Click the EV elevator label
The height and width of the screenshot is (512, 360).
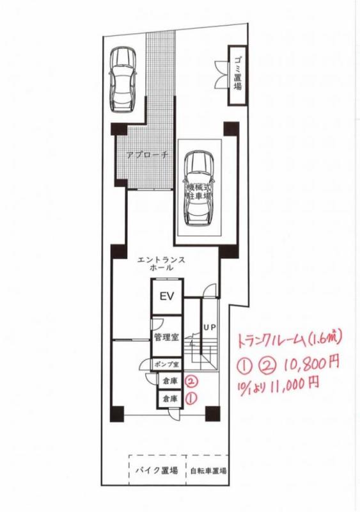[167, 297]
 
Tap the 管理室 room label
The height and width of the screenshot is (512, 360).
[167, 337]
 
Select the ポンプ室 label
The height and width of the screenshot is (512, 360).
[167, 364]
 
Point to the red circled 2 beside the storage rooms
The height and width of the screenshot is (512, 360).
[192, 380]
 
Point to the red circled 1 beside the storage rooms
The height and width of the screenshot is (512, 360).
[191, 398]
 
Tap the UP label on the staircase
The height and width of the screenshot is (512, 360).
[209, 327]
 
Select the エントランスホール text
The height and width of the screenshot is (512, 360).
[161, 264]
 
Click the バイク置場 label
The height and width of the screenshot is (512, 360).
[157, 470]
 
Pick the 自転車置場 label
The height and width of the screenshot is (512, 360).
[208, 471]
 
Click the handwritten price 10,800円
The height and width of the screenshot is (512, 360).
[311, 362]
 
